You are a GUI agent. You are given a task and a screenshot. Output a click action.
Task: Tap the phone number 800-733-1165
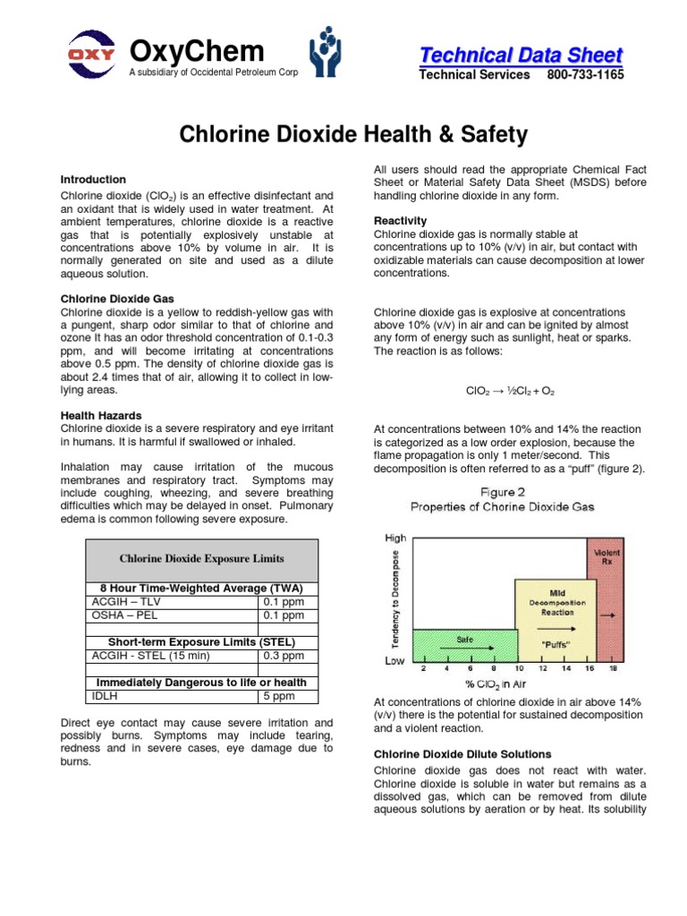click(585, 75)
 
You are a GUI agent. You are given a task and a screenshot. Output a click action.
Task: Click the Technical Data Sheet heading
click(522, 55)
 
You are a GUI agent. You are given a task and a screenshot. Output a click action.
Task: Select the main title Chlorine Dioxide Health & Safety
click(353, 135)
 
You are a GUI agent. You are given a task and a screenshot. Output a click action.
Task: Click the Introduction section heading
click(93, 180)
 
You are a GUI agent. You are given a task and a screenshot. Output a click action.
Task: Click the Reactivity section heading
click(400, 221)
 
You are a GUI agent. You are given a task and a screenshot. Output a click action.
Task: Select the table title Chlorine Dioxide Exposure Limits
click(201, 559)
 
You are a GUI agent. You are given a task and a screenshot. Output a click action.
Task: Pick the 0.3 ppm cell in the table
click(283, 656)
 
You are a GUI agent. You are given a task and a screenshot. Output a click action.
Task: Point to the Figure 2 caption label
click(503, 492)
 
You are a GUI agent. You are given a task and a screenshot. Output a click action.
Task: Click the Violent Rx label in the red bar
click(606, 556)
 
